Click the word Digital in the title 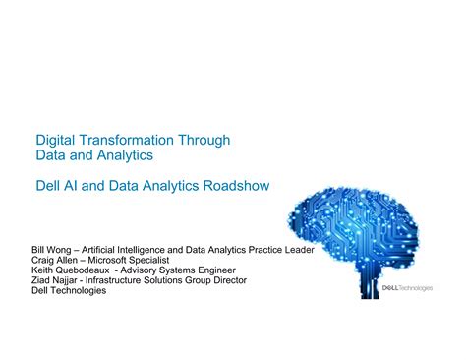[55, 141]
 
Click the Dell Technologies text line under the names [70, 291]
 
